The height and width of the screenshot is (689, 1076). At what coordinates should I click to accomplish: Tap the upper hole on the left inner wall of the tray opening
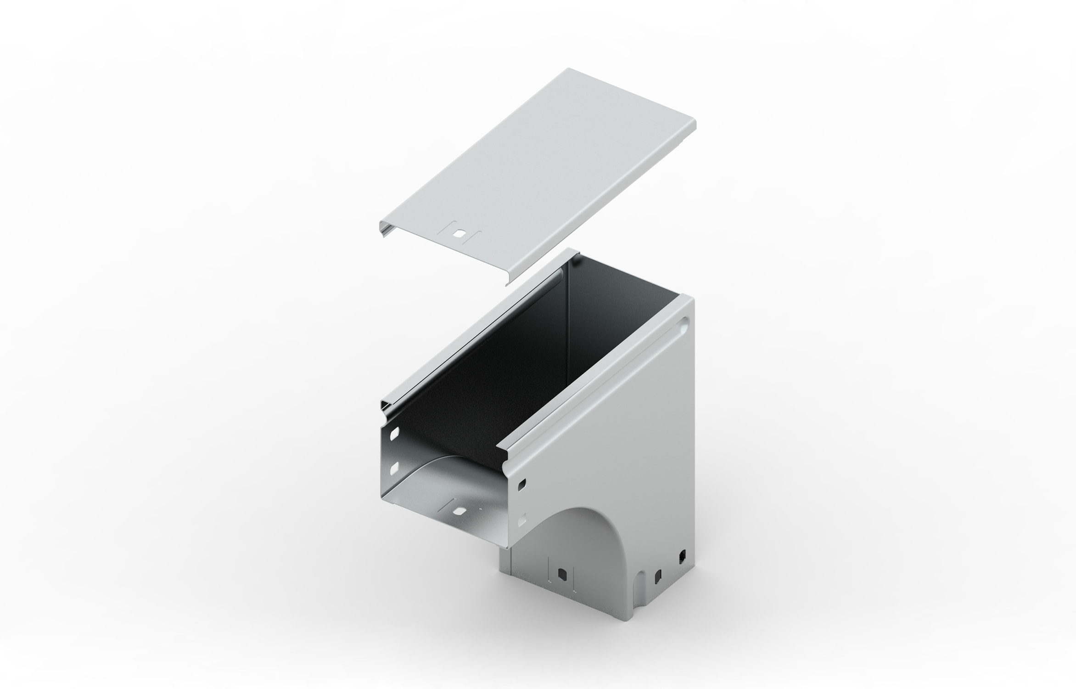click(395, 433)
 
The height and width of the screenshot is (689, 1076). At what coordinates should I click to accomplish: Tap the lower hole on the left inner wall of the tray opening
click(394, 468)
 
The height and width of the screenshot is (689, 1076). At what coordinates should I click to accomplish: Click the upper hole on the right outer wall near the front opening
click(523, 484)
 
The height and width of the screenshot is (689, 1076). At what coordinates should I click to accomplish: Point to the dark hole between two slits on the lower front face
click(561, 574)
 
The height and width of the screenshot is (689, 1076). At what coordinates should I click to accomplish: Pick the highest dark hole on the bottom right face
click(682, 556)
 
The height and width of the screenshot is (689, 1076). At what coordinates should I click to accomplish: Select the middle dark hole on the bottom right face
click(658, 575)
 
